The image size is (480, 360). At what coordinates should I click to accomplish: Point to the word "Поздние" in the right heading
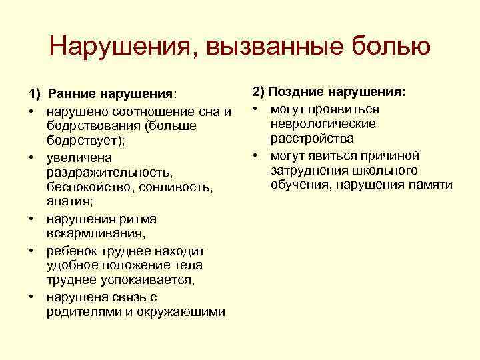pos(297,92)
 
